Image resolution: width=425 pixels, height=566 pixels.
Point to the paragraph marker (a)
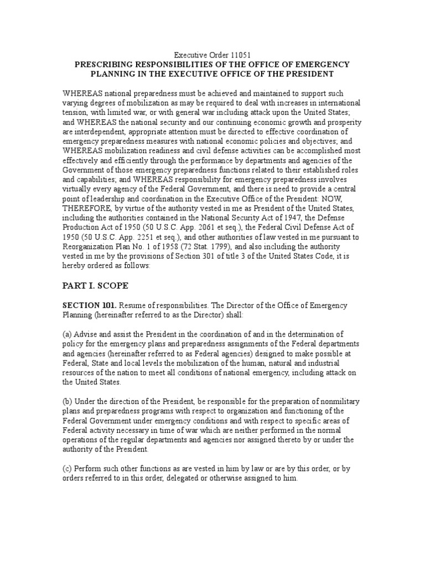(67, 334)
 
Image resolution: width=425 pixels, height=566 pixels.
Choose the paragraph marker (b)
(68, 400)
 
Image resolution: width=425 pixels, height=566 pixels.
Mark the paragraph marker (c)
(67, 468)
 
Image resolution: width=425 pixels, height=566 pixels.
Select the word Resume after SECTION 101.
(133, 305)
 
